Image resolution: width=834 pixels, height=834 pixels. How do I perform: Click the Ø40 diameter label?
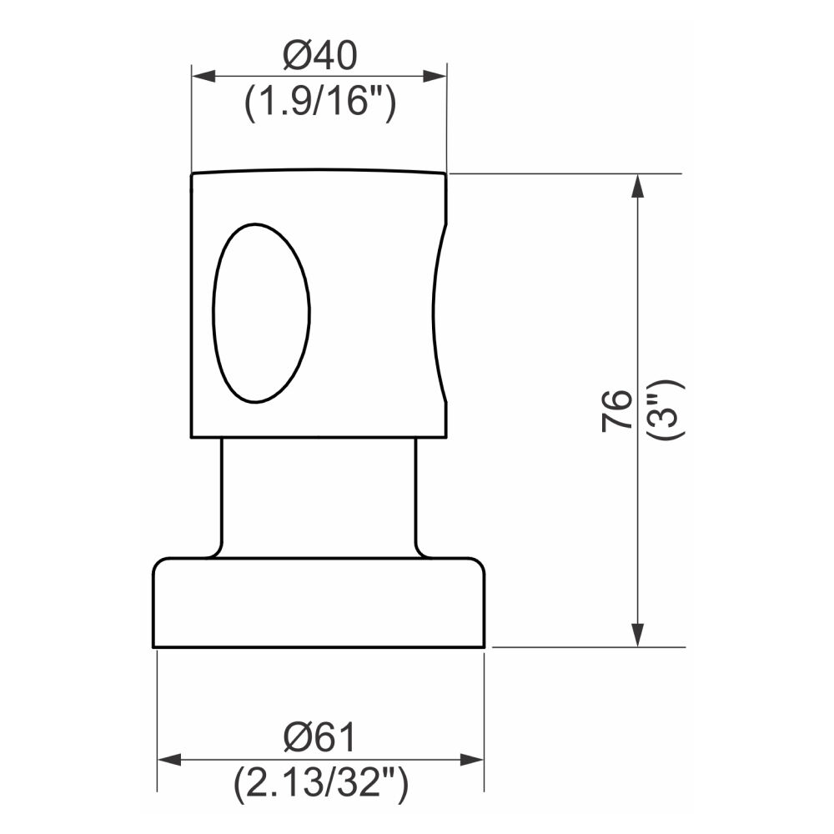pyautogui.click(x=319, y=57)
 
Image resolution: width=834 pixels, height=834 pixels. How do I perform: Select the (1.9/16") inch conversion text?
pyautogui.click(x=319, y=105)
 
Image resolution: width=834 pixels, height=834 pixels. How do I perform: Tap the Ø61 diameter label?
pyautogui.click(x=319, y=737)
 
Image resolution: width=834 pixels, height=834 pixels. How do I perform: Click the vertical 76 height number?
pyautogui.click(x=617, y=409)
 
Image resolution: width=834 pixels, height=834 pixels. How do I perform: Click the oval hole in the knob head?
pyautogui.click(x=261, y=313)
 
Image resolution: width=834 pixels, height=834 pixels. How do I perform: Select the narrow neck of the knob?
pyautogui.click(x=318, y=496)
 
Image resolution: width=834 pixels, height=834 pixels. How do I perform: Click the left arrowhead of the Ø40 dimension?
pyautogui.click(x=203, y=76)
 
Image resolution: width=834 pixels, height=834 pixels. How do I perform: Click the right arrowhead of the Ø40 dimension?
pyautogui.click(x=435, y=76)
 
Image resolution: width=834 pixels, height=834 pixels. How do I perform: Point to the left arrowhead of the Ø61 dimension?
pyautogui.click(x=169, y=760)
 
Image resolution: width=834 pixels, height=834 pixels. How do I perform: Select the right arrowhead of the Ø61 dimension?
pyautogui.click(x=473, y=760)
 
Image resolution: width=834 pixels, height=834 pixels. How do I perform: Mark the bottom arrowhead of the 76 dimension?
pyautogui.click(x=638, y=635)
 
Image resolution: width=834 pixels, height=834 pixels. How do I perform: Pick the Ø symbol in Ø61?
pyautogui.click(x=297, y=737)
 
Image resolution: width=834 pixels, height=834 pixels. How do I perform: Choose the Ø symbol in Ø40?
pyautogui.click(x=298, y=57)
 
